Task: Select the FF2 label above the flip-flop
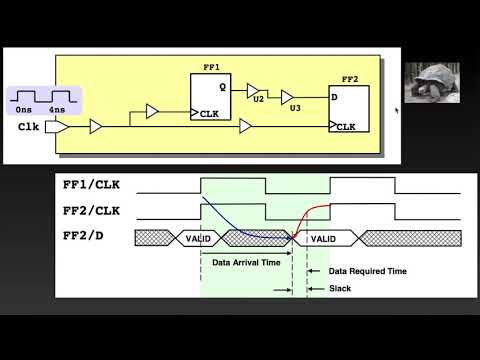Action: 349,76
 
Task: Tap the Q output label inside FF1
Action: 222,87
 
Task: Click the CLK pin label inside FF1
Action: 209,114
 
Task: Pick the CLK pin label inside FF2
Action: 345,127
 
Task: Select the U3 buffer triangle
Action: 288,97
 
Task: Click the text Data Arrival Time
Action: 244,262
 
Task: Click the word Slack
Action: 340,289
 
